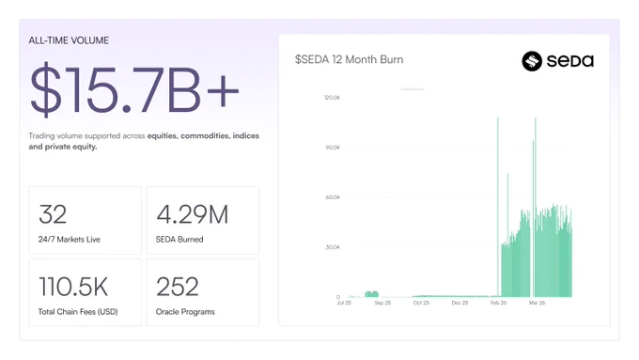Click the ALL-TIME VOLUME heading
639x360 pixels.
(69, 40)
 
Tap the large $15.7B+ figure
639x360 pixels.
(134, 89)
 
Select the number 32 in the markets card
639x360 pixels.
(53, 214)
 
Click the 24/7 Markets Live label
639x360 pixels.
(70, 240)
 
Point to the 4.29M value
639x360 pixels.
(193, 214)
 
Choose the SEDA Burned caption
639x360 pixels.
(179, 240)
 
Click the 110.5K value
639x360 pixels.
(73, 287)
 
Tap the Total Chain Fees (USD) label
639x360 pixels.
(78, 312)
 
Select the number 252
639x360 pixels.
(178, 287)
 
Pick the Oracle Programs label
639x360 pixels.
(185, 312)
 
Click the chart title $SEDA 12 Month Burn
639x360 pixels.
(350, 59)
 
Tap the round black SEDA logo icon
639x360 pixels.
(532, 61)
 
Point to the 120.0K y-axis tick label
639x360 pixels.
(332, 98)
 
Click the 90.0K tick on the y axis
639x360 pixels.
(333, 148)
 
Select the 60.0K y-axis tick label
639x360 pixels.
(333, 197)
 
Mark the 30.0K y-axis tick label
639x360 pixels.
(333, 247)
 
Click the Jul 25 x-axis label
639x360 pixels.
(344, 303)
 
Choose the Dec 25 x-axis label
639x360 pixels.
(460, 303)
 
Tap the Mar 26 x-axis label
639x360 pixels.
(537, 303)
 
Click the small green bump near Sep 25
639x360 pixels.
(372, 294)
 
